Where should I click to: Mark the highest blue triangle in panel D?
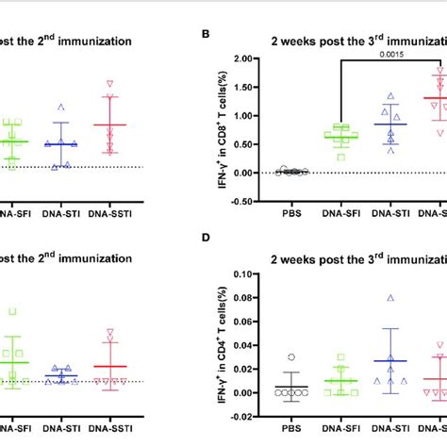click(x=390, y=298)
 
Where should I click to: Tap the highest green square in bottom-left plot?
click(x=12, y=311)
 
